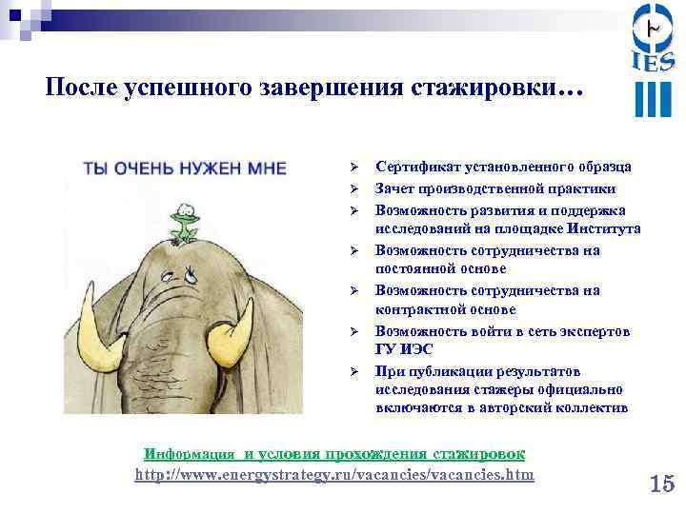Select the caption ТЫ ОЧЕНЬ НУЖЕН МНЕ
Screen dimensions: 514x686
pyautogui.click(x=185, y=168)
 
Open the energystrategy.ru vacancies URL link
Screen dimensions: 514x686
pyautogui.click(x=334, y=474)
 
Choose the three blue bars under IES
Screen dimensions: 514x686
pyautogui.click(x=653, y=98)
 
